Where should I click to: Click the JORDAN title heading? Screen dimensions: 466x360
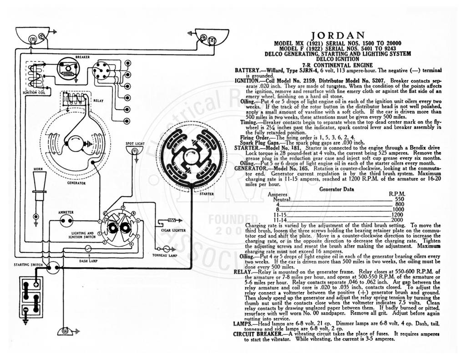338,35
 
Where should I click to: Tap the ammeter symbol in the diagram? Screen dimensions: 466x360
66,221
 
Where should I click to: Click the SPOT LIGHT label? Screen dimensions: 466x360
135,143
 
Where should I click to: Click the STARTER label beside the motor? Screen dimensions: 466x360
207,194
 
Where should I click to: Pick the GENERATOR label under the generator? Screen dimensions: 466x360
76,183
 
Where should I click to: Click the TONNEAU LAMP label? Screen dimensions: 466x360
165,256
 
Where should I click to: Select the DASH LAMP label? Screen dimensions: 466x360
88,261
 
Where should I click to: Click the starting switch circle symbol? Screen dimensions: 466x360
54,268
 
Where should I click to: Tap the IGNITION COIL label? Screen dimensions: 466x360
34,92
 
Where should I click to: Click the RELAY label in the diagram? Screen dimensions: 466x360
98,101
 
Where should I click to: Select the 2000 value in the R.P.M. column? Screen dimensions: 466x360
398,220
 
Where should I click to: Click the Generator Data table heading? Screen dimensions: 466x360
337,189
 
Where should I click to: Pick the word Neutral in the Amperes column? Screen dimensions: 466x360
282,199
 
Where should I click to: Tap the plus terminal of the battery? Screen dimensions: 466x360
36,284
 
